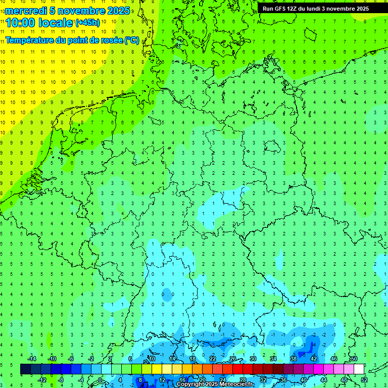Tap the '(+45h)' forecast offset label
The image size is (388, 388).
point(87,23)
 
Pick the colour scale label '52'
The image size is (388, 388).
point(364,379)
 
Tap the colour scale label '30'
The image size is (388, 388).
point(253,358)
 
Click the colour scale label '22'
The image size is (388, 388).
point(213,358)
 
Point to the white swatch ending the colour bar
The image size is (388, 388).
point(359,369)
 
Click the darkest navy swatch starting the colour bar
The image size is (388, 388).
point(25,369)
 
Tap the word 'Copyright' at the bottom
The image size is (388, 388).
point(190,384)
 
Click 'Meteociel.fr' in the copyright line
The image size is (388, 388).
point(236,384)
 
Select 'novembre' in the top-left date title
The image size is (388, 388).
point(81,11)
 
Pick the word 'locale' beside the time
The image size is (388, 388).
point(55,23)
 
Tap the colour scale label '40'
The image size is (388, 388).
point(304,379)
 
